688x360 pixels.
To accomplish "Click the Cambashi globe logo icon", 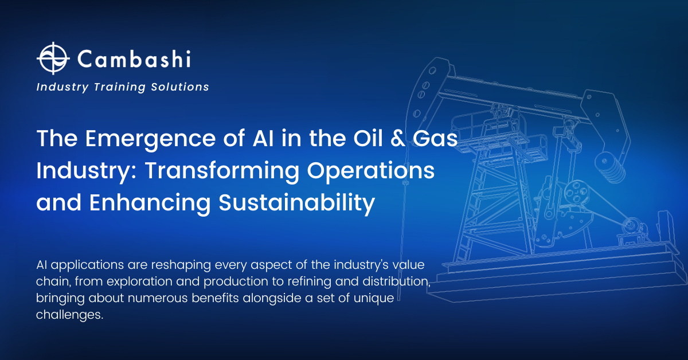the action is pos(53,58).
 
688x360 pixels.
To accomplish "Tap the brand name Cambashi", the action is pos(134,58).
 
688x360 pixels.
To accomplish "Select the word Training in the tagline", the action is pos(119,87).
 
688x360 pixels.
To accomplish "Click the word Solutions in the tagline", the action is pos(180,87).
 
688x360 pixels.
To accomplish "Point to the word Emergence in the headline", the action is pos(150,139).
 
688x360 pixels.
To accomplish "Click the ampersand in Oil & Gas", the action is pos(397,138).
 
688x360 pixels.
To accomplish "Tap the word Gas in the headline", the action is pos(435,138).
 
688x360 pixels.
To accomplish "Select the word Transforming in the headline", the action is pos(222,171).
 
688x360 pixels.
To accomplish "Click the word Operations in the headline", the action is pos(371,171).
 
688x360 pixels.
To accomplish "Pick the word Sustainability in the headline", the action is pos(297,203).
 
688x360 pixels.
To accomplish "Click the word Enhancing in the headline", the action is pos(150,203).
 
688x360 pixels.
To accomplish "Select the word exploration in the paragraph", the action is pos(139,281).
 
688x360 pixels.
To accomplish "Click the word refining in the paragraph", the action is pos(309,281).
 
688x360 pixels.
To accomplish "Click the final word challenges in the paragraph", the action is pos(70,315).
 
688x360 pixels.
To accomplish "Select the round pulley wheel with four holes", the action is pos(577,191).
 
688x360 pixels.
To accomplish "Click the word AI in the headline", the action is pos(263,138).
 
